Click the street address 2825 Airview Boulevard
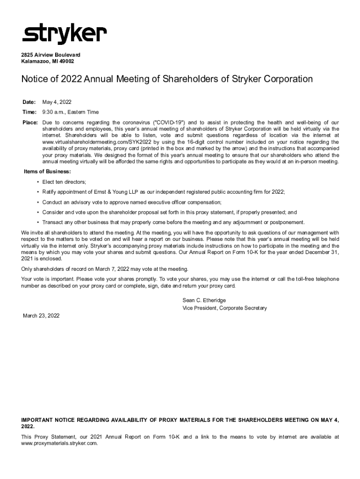pyautogui.click(x=50, y=55)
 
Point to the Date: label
pyautogui.click(x=30, y=102)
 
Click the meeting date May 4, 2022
pyautogui.click(x=57, y=102)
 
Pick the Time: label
pyautogui.click(x=30, y=112)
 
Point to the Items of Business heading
pyautogui.click(x=47, y=172)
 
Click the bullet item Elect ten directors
pyautogui.click(x=64, y=181)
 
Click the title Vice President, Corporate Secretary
pyautogui.click(x=224, y=308)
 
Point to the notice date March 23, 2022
pyautogui.click(x=42, y=316)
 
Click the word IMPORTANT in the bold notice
pyautogui.click(x=37, y=420)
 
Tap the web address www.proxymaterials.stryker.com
pyautogui.click(x=59, y=443)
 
